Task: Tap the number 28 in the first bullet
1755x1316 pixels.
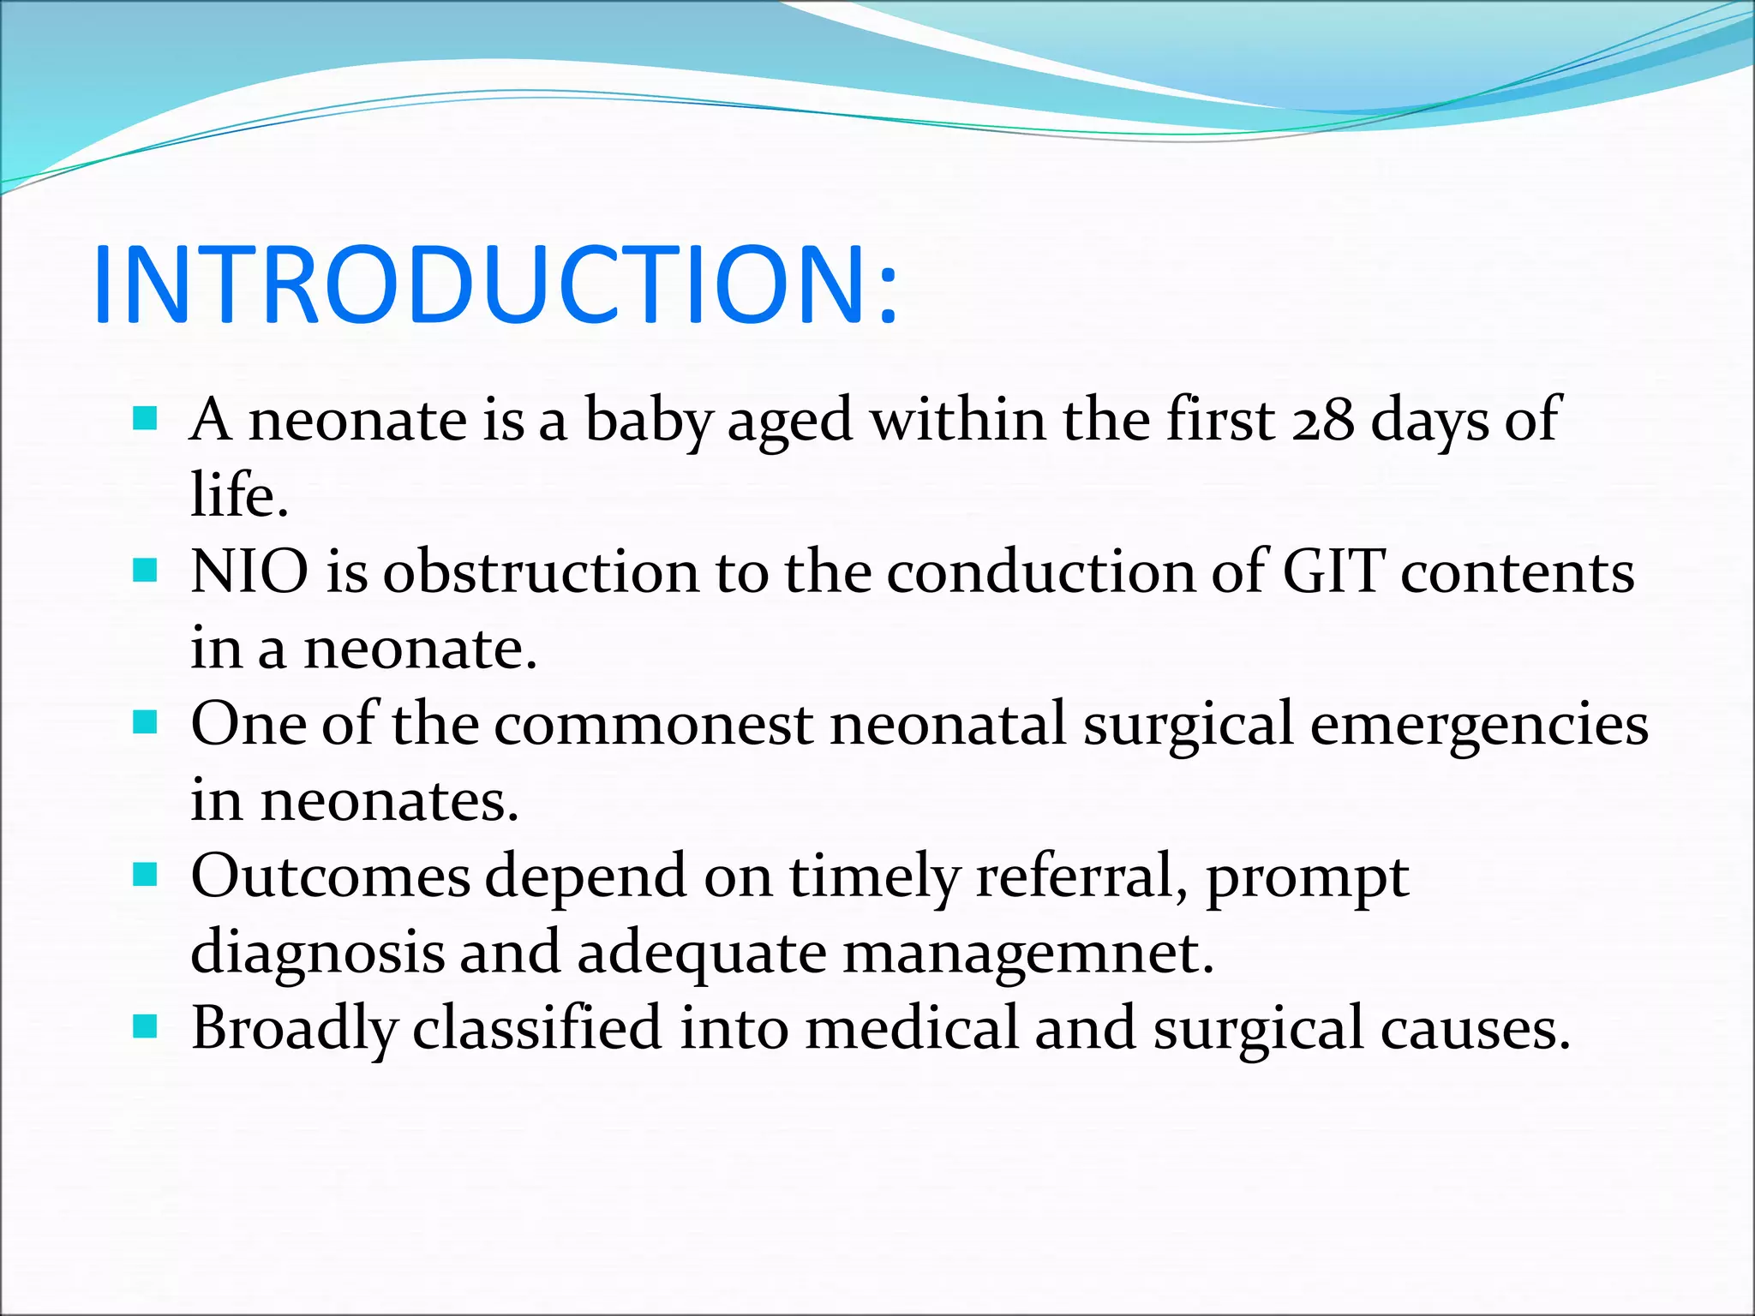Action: (x=1323, y=422)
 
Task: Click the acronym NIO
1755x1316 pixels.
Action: (x=249, y=572)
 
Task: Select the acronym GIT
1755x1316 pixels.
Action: (x=1333, y=572)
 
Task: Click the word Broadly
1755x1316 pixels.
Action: (x=294, y=1028)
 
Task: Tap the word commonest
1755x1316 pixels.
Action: (x=653, y=725)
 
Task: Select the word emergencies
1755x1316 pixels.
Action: (x=1478, y=725)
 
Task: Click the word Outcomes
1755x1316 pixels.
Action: (x=330, y=876)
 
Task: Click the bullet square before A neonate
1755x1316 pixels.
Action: (x=146, y=419)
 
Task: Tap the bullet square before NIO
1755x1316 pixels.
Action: (x=146, y=571)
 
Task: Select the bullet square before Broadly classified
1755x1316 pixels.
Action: (x=146, y=1026)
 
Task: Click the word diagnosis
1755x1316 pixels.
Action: (x=317, y=953)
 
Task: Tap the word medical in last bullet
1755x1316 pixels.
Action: (x=911, y=1028)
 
